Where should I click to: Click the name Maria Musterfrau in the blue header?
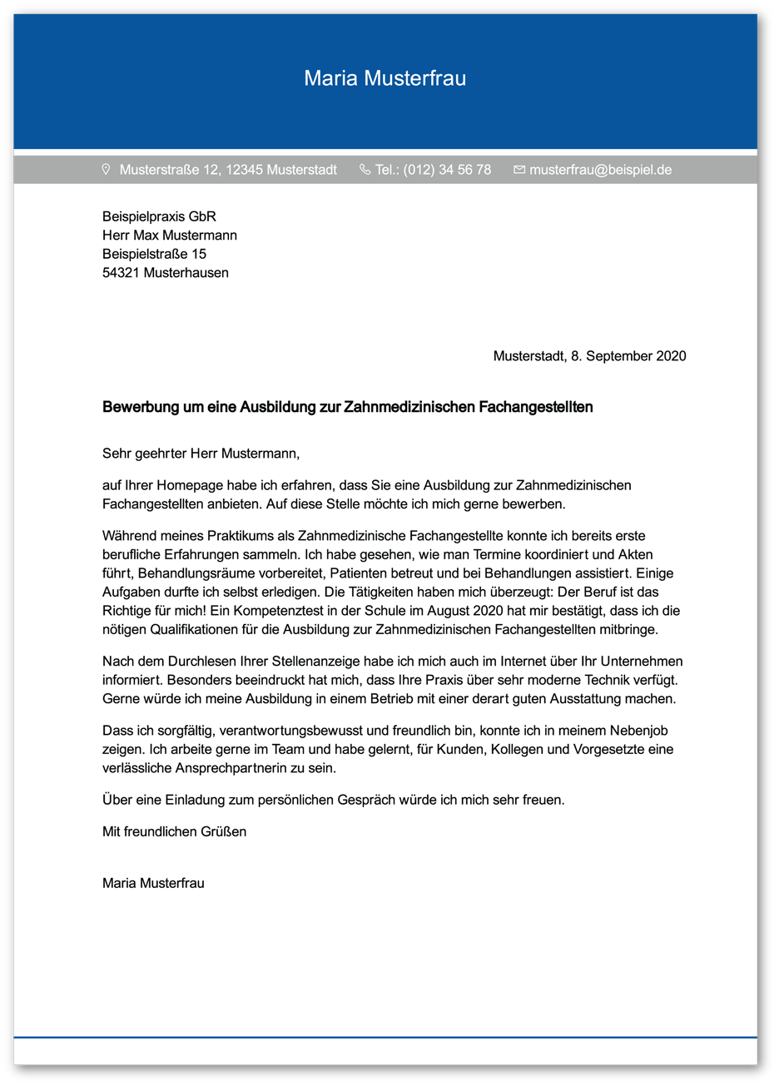[385, 78]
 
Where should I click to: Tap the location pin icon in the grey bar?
[106, 170]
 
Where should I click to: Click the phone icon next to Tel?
[365, 170]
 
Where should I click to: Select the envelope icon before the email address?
[519, 170]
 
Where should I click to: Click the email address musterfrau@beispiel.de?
[600, 170]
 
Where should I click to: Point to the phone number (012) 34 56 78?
[447, 170]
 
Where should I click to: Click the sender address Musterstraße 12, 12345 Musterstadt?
[228, 170]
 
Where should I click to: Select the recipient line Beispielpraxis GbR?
[159, 216]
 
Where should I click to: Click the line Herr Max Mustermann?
[170, 236]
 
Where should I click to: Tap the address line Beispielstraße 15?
[154, 254]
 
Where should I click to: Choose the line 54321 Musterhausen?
[165, 273]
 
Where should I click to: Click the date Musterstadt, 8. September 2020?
[589, 356]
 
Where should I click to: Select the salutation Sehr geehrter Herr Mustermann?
[200, 454]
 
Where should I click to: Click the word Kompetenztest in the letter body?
[275, 611]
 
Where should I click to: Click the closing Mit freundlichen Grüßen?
[174, 831]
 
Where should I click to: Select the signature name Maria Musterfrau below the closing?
[153, 883]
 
